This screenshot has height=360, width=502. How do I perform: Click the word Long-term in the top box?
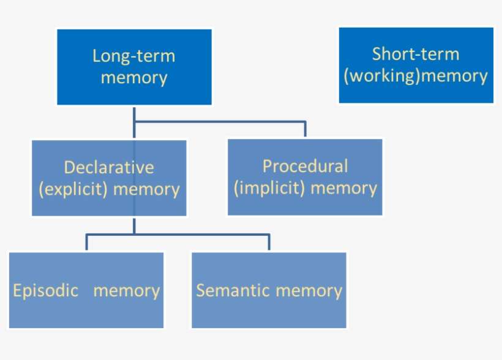click(133, 56)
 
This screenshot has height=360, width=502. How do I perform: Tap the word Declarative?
click(109, 167)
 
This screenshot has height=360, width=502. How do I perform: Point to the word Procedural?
click(305, 166)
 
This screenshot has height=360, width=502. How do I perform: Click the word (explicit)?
click(73, 189)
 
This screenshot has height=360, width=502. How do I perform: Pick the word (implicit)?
click(269, 187)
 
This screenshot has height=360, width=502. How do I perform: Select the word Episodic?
click(46, 290)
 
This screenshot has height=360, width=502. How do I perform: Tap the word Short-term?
click(415, 54)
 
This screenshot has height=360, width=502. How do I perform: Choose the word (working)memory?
click(416, 76)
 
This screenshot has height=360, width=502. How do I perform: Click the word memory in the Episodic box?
click(127, 290)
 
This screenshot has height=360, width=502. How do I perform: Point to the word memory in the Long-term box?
click(133, 78)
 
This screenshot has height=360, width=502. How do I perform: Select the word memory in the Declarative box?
click(146, 189)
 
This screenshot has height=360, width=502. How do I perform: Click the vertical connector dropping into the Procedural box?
click(305, 130)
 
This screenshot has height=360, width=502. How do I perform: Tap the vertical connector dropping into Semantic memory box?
click(269, 242)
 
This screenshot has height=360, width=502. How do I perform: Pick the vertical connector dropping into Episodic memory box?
click(86, 242)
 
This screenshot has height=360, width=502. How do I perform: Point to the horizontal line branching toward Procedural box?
click(220, 122)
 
